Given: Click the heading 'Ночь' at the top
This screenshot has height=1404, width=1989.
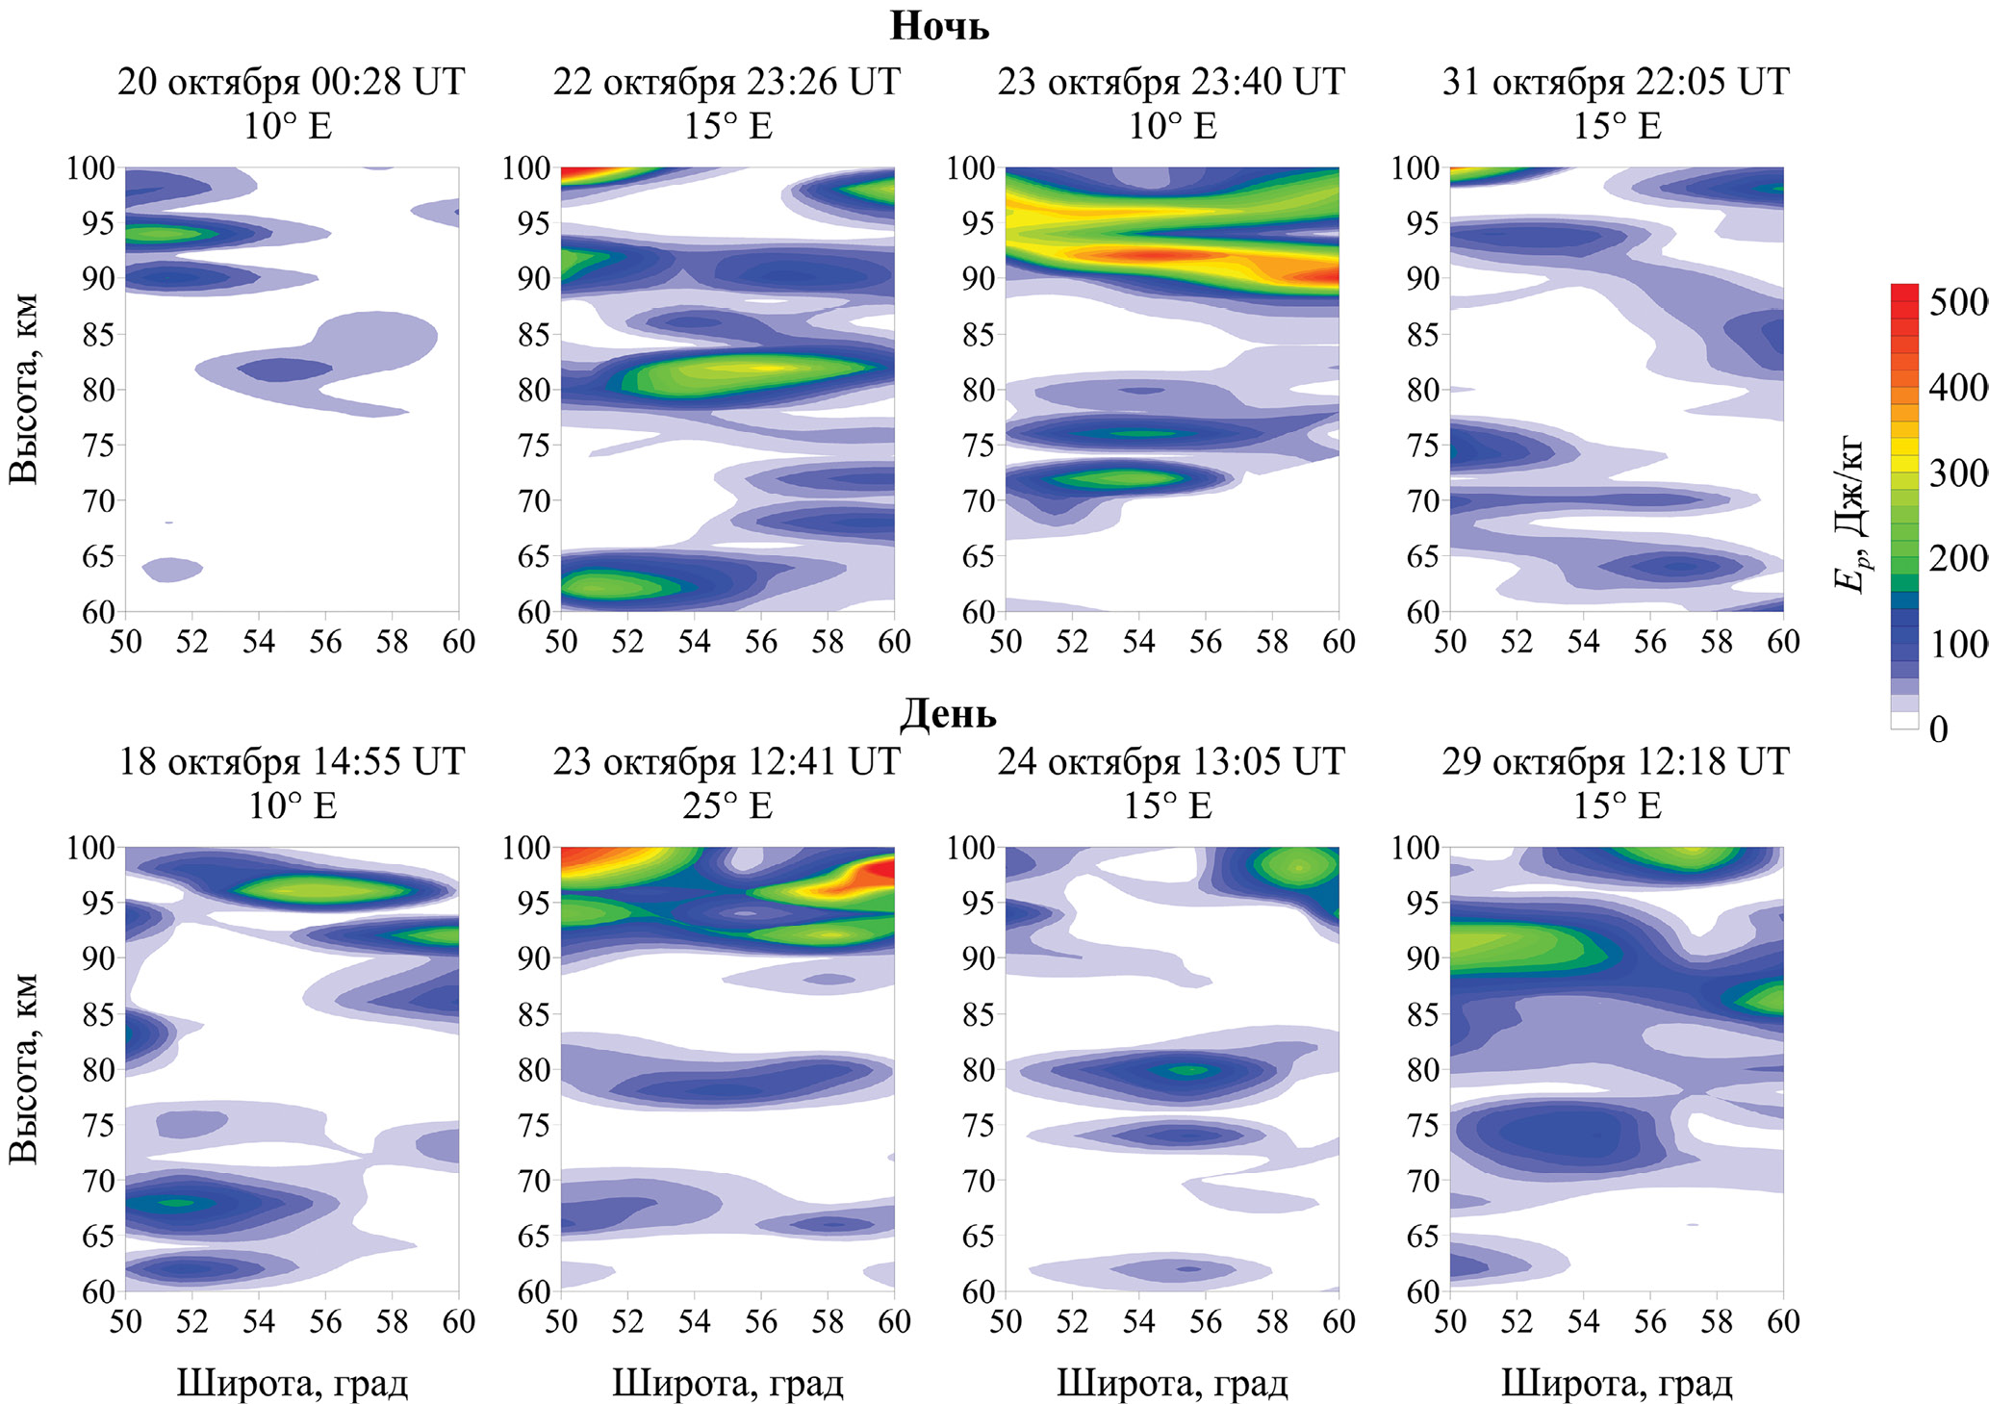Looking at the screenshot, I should (x=938, y=26).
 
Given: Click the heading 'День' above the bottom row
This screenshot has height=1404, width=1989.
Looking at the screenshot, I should (x=947, y=714).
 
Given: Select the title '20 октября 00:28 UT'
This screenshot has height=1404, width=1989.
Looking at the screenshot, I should (x=291, y=82).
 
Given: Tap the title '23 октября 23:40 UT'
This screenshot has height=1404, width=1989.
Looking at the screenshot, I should (x=1170, y=82).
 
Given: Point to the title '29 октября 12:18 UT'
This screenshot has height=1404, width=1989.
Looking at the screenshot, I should (x=1615, y=762).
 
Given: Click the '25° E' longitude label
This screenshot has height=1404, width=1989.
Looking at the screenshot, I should (x=727, y=805).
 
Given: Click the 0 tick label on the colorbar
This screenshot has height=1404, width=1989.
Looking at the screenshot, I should (x=1938, y=729).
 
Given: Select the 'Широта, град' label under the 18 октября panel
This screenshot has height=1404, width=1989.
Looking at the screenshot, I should (x=292, y=1384).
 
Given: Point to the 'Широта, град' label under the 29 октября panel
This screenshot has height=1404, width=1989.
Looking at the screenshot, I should (x=1616, y=1384).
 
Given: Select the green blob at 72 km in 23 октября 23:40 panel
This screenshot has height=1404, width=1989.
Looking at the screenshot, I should (x=1116, y=477).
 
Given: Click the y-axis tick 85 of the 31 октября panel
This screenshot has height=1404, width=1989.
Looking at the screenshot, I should (x=1422, y=335).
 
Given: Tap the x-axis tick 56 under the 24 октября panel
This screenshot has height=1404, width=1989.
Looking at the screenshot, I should (x=1205, y=1321).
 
